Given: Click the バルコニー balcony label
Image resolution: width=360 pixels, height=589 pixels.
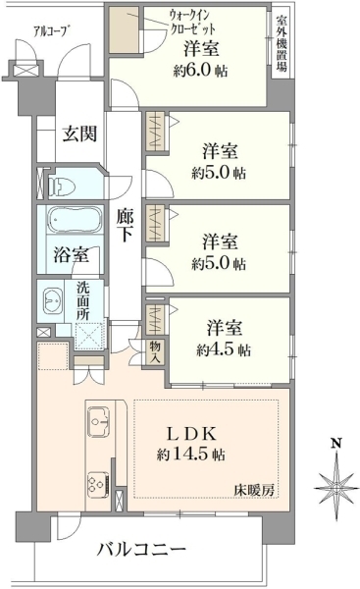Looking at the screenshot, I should click(x=140, y=549).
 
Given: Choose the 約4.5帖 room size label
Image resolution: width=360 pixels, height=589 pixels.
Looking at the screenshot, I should click(x=222, y=349).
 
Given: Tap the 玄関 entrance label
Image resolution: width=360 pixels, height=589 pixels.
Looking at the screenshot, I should click(x=80, y=134).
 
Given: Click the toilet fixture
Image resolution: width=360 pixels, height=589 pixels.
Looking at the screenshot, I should click(x=66, y=183).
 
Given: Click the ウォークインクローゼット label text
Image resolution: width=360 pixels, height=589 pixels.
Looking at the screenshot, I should click(x=170, y=22).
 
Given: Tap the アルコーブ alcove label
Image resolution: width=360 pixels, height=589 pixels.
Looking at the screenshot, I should click(x=50, y=31).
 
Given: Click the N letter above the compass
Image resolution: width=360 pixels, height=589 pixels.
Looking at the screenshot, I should click(x=334, y=444).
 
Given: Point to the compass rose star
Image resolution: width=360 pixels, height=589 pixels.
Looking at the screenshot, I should click(x=334, y=483).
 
